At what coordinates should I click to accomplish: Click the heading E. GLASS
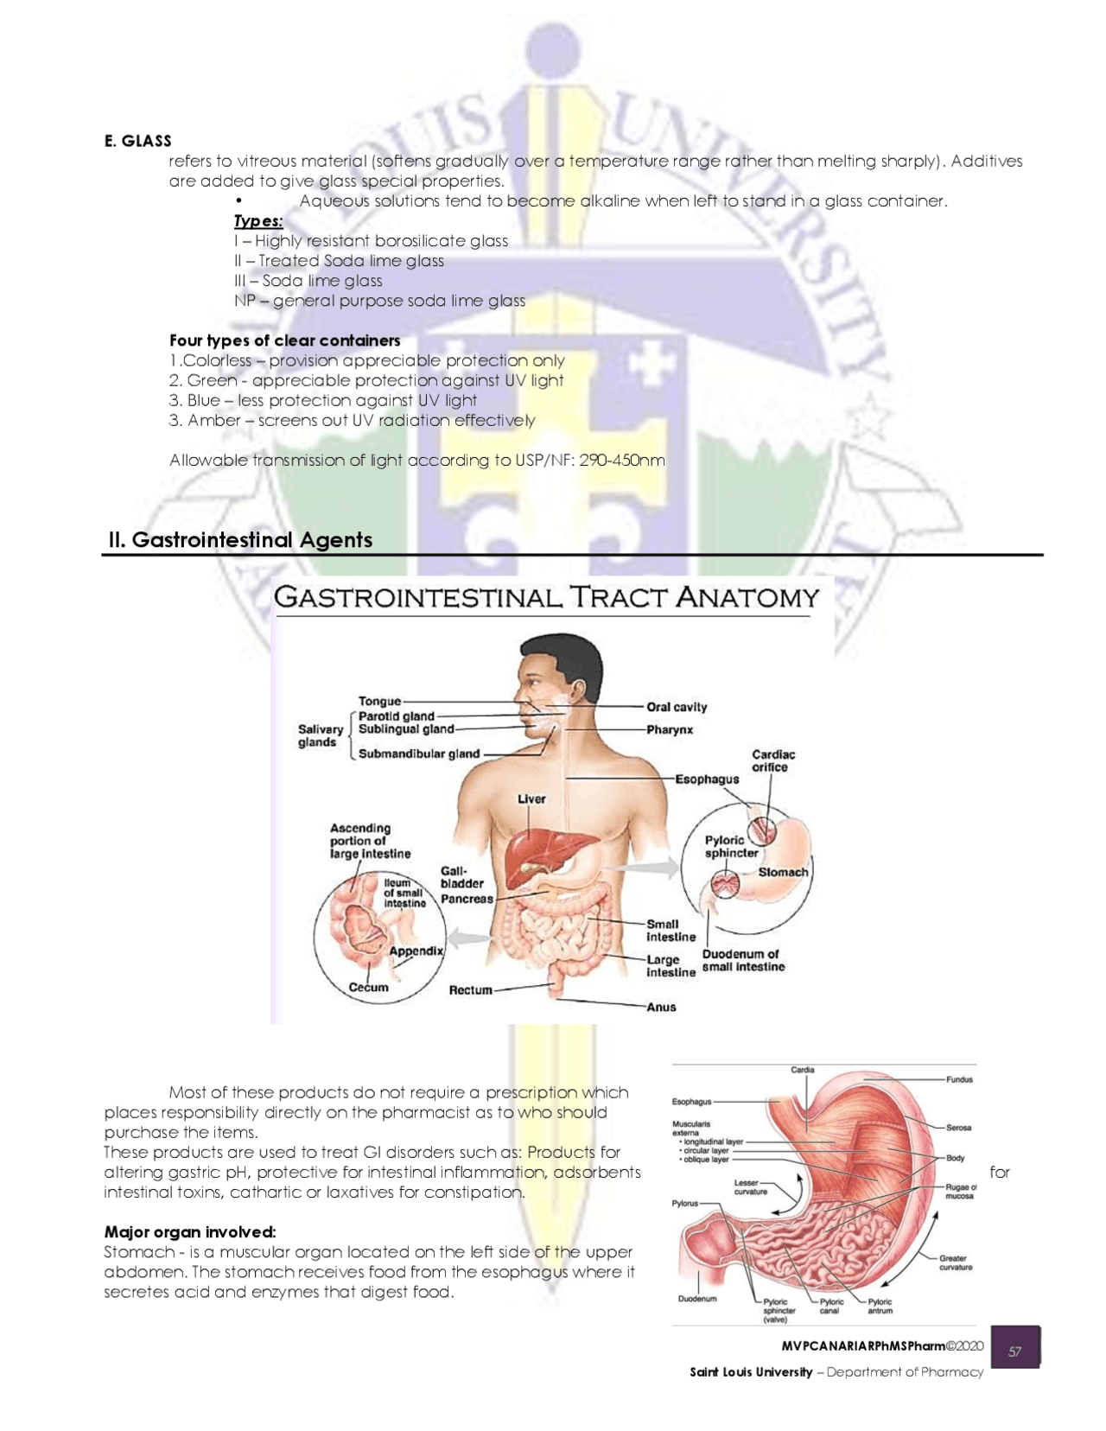(137, 141)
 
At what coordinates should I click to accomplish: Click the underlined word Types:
(258, 221)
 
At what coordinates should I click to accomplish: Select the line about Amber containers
(352, 421)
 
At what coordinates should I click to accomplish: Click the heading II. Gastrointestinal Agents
(240, 540)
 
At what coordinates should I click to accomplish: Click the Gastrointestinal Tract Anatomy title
(546, 597)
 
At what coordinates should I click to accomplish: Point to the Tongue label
(379, 701)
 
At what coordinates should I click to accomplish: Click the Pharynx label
(670, 730)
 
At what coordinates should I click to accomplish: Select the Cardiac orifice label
(772, 760)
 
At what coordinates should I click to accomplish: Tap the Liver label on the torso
(531, 799)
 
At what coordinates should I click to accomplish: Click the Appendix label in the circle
(416, 951)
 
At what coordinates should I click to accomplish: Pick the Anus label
(661, 1008)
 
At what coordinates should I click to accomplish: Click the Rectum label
(470, 990)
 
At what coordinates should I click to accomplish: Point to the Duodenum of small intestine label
(742, 961)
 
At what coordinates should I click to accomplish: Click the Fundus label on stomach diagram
(959, 1080)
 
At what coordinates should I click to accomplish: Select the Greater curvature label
(955, 1262)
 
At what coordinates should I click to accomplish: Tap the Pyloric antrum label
(880, 1306)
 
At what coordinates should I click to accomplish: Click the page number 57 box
(1014, 1351)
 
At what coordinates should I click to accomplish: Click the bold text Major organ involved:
(190, 1232)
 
